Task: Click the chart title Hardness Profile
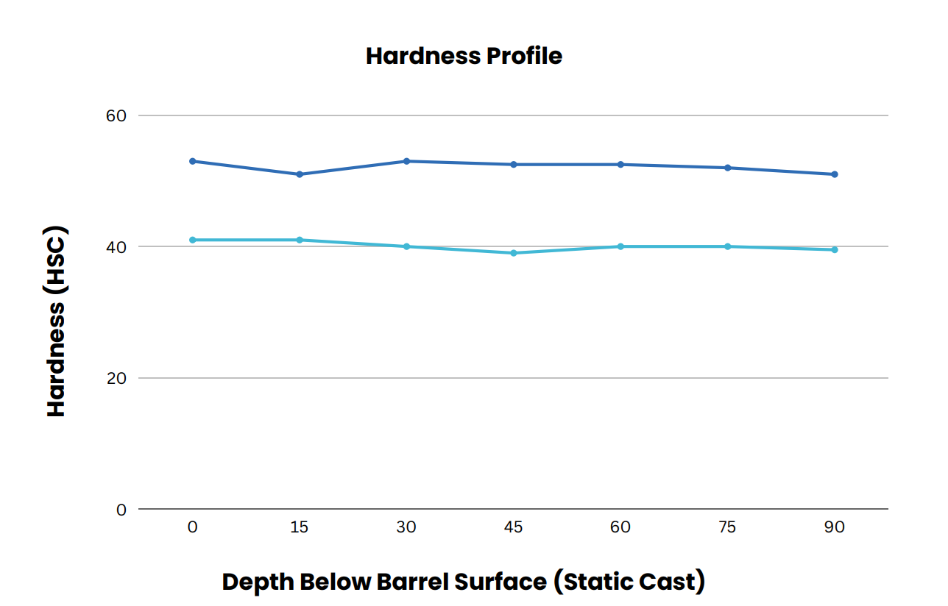464,56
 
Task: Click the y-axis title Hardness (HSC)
57,321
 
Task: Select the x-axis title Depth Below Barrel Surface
464,582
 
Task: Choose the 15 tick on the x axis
300,527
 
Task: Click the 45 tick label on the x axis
513,527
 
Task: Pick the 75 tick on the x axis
727,527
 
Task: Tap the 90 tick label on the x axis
834,527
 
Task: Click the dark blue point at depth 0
193,161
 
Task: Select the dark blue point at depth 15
300,174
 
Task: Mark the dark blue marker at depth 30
406,161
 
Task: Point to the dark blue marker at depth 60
620,165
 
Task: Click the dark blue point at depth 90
834,174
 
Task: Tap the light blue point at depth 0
193,240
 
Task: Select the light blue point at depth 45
513,253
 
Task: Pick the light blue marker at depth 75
727,246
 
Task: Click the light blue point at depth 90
834,250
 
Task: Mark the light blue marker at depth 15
300,240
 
